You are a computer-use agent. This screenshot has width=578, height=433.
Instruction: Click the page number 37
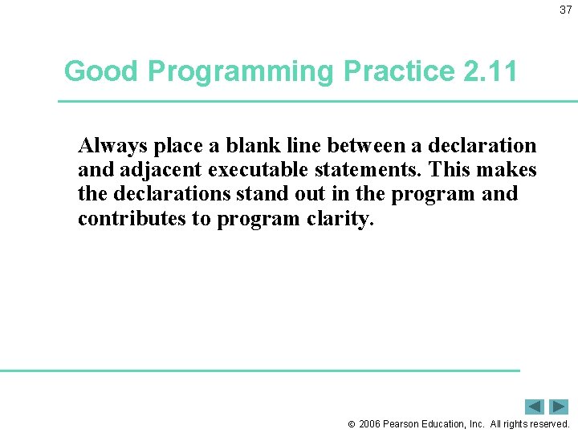point(565,10)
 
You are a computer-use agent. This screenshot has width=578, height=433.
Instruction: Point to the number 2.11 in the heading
point(490,71)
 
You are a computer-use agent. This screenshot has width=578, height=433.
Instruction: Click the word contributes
point(132,219)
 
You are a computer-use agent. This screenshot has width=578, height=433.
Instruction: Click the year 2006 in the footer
point(370,423)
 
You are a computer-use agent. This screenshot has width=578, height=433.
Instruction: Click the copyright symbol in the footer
point(352,423)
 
